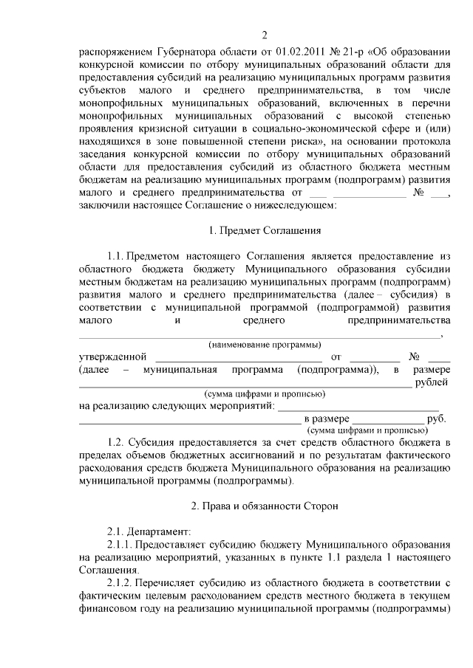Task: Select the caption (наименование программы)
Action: point(265,345)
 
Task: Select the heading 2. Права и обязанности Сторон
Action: point(264,506)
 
